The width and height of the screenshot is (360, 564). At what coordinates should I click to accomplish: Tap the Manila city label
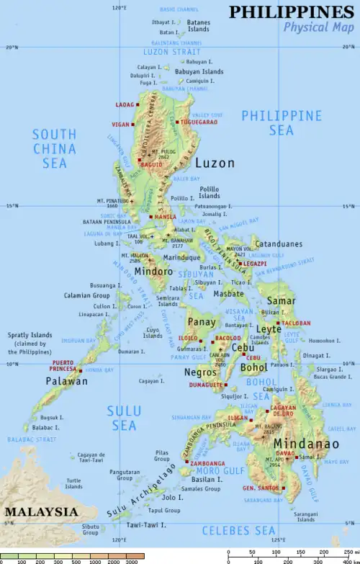(164, 217)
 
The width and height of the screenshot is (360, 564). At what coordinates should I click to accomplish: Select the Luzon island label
(215, 164)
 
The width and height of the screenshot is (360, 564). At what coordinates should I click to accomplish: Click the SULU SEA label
(124, 418)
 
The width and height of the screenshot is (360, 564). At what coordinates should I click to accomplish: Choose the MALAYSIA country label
(41, 511)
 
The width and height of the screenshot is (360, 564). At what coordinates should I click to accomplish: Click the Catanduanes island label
(279, 244)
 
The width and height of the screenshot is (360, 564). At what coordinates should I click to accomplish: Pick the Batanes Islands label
(199, 27)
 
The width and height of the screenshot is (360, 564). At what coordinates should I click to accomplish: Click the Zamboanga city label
(208, 464)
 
